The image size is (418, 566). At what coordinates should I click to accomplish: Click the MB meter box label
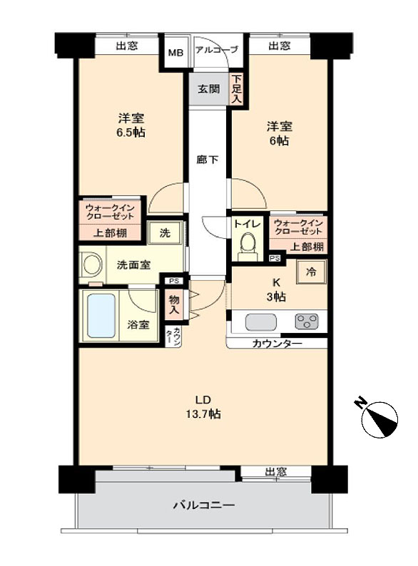[176, 53]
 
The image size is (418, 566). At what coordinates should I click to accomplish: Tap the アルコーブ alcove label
[217, 49]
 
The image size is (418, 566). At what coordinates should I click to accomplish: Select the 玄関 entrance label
[209, 88]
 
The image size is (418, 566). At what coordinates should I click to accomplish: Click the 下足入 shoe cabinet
[236, 89]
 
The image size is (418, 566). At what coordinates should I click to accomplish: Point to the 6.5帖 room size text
[131, 133]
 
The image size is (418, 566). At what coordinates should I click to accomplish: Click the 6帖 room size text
[280, 140]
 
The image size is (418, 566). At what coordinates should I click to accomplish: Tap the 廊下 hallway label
[208, 159]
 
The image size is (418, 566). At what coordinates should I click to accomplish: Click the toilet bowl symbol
[248, 246]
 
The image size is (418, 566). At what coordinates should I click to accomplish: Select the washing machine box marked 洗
[165, 233]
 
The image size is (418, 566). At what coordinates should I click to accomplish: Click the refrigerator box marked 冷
[311, 272]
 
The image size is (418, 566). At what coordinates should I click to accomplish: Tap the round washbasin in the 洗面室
[93, 264]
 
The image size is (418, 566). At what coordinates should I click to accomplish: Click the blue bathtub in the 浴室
[101, 316]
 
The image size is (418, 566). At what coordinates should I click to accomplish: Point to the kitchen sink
[261, 322]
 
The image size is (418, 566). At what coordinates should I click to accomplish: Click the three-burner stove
[307, 321]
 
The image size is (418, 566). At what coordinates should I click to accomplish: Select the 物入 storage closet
[174, 304]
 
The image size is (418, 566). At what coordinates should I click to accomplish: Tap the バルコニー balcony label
[203, 505]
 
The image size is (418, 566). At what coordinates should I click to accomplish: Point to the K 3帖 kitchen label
[276, 290]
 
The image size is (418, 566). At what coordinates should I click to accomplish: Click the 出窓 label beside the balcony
[276, 471]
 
